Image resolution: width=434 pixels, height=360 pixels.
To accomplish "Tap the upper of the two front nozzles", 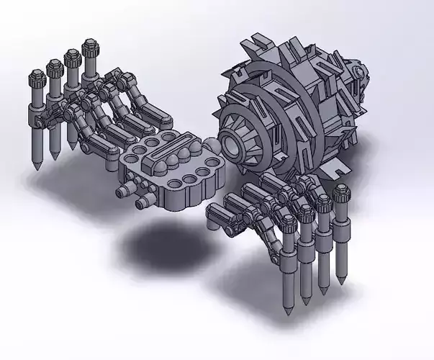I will click(125, 191).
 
